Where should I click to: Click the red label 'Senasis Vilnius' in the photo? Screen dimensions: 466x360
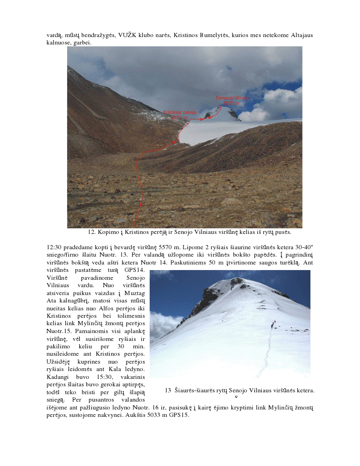232,98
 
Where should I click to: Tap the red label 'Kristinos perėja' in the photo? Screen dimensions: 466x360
180,113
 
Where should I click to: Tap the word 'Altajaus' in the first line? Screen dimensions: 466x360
302,35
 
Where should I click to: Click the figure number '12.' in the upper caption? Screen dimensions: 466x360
92,232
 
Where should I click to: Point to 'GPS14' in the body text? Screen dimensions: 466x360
135,270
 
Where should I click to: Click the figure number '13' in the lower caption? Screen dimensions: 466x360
168,390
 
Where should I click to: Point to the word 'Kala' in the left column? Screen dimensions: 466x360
108,369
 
